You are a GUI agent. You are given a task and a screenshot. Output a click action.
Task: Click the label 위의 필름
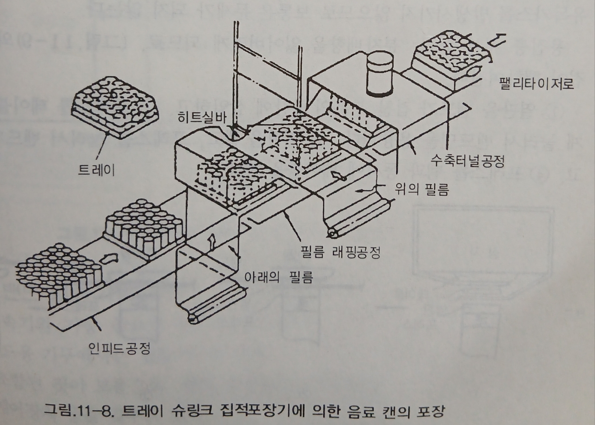point(424,189)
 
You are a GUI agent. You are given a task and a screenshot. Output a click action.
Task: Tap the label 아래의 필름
point(278,277)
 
